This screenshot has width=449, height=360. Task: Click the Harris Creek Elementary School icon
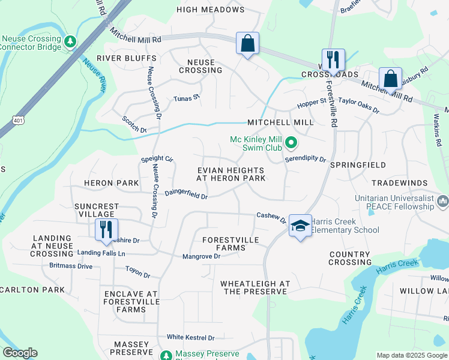(300, 226)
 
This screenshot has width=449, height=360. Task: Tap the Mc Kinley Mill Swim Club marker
(291, 143)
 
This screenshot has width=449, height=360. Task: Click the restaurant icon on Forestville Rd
(334, 59)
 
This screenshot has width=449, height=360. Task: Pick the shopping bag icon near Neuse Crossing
(247, 43)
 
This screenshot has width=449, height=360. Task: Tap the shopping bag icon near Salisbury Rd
(390, 78)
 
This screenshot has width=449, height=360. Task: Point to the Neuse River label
(94, 76)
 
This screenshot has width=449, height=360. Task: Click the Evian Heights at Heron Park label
(231, 175)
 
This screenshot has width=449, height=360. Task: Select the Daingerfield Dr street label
(186, 194)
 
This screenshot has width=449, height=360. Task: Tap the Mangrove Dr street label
(202, 257)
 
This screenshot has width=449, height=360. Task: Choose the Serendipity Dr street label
(305, 160)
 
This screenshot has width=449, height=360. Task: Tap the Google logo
(20, 353)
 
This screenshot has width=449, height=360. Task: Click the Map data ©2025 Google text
(411, 355)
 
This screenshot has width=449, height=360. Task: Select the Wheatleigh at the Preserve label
(255, 287)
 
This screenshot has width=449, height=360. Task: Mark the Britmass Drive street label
(71, 266)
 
